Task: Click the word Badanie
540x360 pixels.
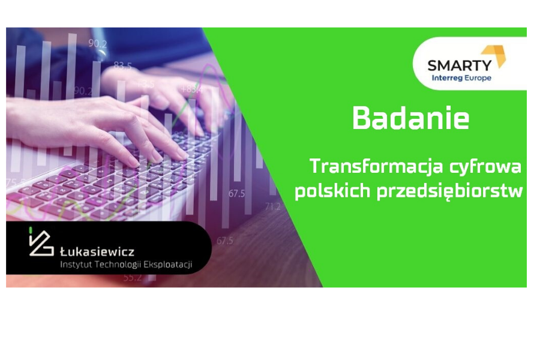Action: [x=410, y=118]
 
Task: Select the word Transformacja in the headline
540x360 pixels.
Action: [x=376, y=167]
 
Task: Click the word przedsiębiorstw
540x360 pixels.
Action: [x=450, y=191]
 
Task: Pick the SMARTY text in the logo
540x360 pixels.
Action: [x=460, y=65]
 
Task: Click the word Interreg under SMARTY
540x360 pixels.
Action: [x=447, y=78]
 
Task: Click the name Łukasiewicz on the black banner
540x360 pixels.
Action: [x=97, y=252]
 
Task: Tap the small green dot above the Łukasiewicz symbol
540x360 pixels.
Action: [x=31, y=230]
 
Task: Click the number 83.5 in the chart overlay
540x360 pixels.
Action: [x=122, y=65]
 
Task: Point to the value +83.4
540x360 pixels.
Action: [x=192, y=89]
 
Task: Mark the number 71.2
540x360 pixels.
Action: [x=273, y=206]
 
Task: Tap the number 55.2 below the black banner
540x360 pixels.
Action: [x=132, y=278]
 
